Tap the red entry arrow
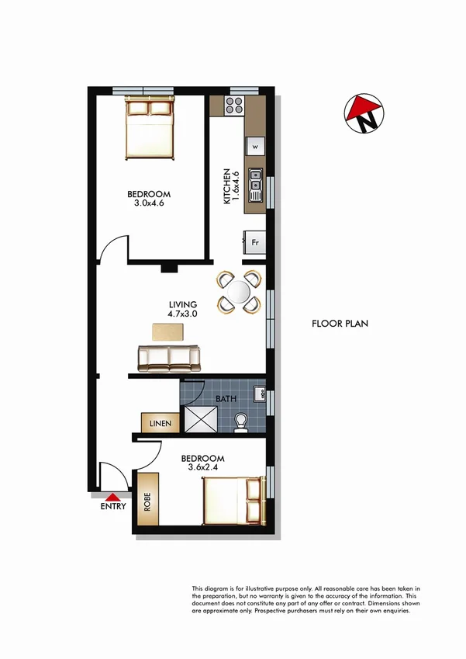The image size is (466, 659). click(113, 497)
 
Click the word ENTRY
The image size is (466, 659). click(113, 507)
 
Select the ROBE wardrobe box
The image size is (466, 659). click(147, 501)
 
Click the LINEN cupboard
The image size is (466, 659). click(161, 423)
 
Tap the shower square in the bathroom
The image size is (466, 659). click(201, 420)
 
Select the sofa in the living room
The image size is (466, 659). click(169, 358)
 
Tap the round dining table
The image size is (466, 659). click(239, 292)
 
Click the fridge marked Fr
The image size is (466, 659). click(254, 241)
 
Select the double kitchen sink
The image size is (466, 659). click(255, 181)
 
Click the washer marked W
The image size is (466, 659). click(255, 145)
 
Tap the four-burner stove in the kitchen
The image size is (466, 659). click(235, 106)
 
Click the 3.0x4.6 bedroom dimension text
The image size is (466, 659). click(150, 203)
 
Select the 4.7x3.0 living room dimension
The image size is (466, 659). click(183, 314)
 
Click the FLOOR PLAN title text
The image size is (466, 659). click(340, 324)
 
